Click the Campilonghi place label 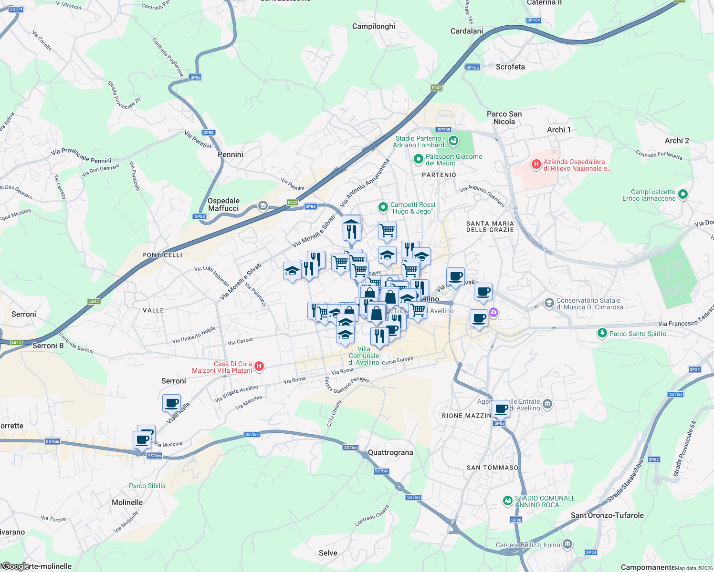pos(373,26)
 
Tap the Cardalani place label pos(466,31)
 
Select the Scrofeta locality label pos(510,67)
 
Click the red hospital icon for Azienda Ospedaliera pos(536,164)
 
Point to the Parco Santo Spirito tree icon pos(603,333)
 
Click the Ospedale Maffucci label pos(223,204)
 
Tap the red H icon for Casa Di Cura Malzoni pos(259,366)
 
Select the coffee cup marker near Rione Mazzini pos(501,409)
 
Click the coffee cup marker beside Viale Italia pos(171,403)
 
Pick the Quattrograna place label pos(390,452)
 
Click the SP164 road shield pos(533,20)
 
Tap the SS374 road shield pos(16,9)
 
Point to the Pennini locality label pos(230,154)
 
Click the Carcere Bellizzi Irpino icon pos(567,544)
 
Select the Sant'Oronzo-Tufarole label pos(607,515)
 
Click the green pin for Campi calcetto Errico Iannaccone pos(683,194)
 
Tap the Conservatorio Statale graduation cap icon pos(549,303)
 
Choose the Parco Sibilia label pos(147,486)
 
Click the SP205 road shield pos(443,129)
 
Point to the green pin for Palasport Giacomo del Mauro pos(418,159)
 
